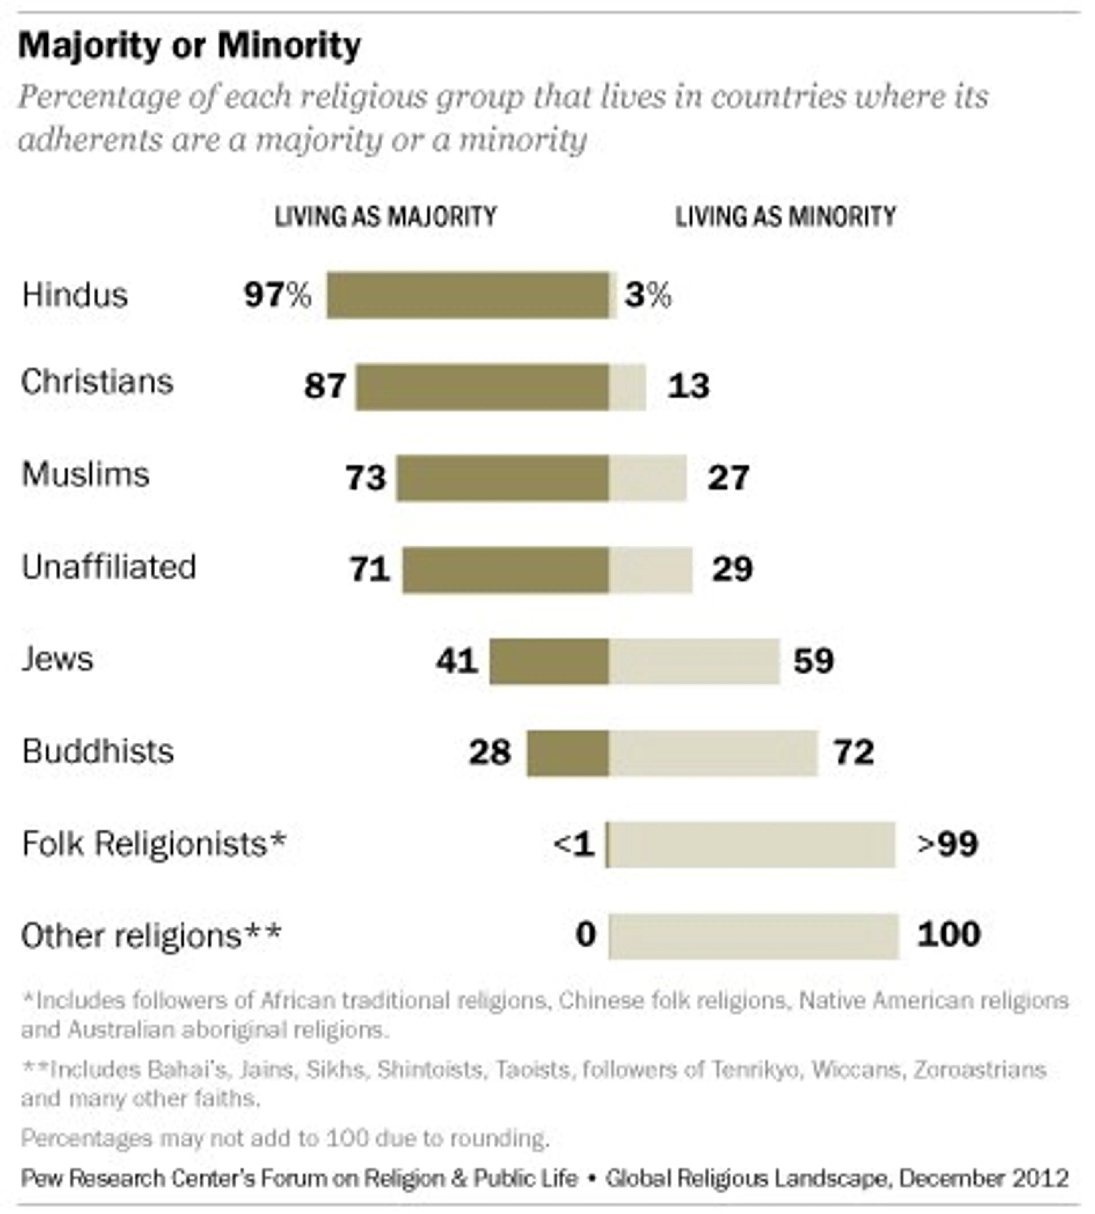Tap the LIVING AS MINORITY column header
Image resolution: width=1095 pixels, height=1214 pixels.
coord(785,216)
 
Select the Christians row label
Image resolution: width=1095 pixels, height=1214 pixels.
coord(98,382)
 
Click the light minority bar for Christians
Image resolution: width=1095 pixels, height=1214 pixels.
coord(627,387)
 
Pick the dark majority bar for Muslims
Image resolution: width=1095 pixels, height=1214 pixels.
coord(502,478)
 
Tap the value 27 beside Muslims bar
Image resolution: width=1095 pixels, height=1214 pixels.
coord(728,478)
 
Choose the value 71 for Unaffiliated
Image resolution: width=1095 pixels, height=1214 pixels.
coord(369,569)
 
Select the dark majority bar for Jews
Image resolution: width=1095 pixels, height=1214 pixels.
coord(549,661)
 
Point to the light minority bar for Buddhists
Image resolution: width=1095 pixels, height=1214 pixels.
coord(713,753)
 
